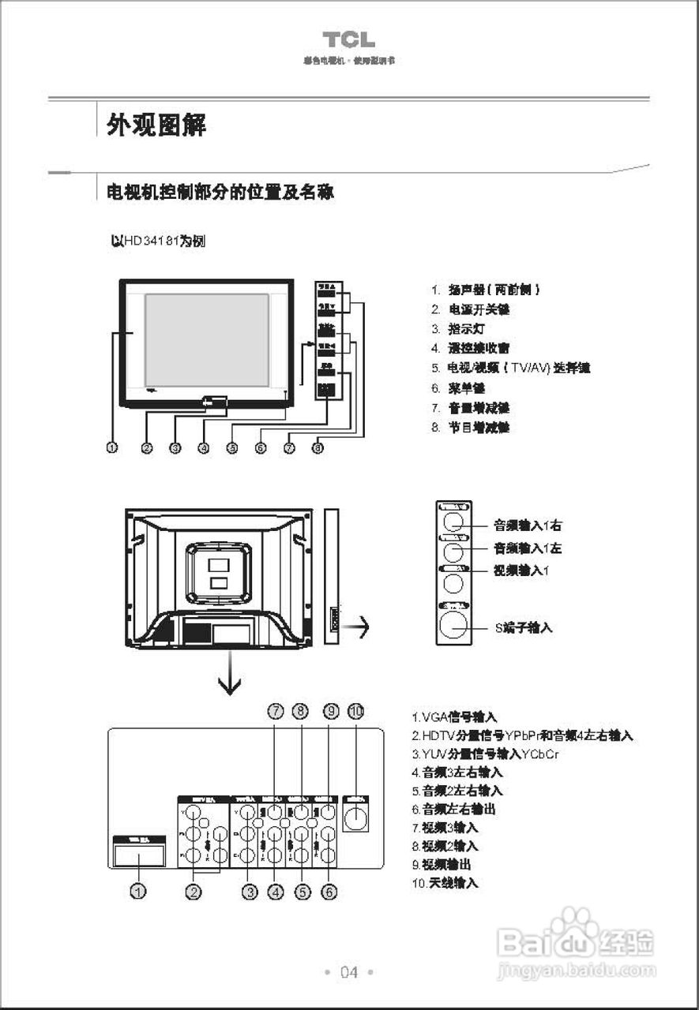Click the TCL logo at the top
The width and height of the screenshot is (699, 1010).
[x=348, y=39]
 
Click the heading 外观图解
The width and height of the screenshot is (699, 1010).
[x=156, y=124]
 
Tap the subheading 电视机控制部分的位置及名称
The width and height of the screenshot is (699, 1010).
[x=220, y=193]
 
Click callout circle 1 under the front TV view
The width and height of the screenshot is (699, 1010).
[x=112, y=447]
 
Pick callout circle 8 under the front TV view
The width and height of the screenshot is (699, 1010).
[x=318, y=447]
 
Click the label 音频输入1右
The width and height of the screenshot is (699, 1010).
[x=528, y=525]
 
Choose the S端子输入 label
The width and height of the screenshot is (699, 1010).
[x=524, y=627]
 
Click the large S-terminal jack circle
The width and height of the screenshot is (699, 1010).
[x=453, y=624]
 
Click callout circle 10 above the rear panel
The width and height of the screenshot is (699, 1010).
[x=356, y=711]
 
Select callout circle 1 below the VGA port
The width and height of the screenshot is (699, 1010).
[x=139, y=892]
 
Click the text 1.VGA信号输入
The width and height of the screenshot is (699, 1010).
[x=454, y=717]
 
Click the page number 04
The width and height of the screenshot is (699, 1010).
[x=349, y=972]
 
